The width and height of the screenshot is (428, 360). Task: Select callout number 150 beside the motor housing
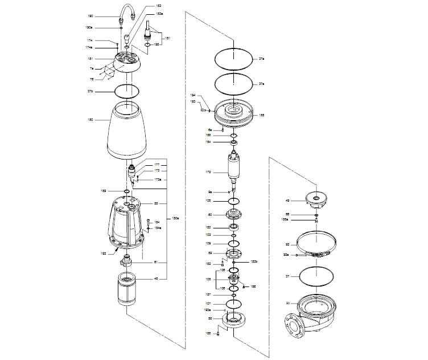[x=90, y=120]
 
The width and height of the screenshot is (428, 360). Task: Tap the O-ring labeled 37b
[x=127, y=91]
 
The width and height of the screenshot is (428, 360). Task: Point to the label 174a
[x=90, y=47]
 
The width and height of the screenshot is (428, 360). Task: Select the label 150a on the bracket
[x=176, y=218]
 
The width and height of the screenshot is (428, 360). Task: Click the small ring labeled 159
[x=126, y=191]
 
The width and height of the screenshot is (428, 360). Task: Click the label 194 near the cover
[x=192, y=95]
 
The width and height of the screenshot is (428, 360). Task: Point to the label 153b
[x=254, y=261]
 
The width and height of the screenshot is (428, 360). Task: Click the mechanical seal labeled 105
[x=233, y=280]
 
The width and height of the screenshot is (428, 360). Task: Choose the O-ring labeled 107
[x=233, y=303]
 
